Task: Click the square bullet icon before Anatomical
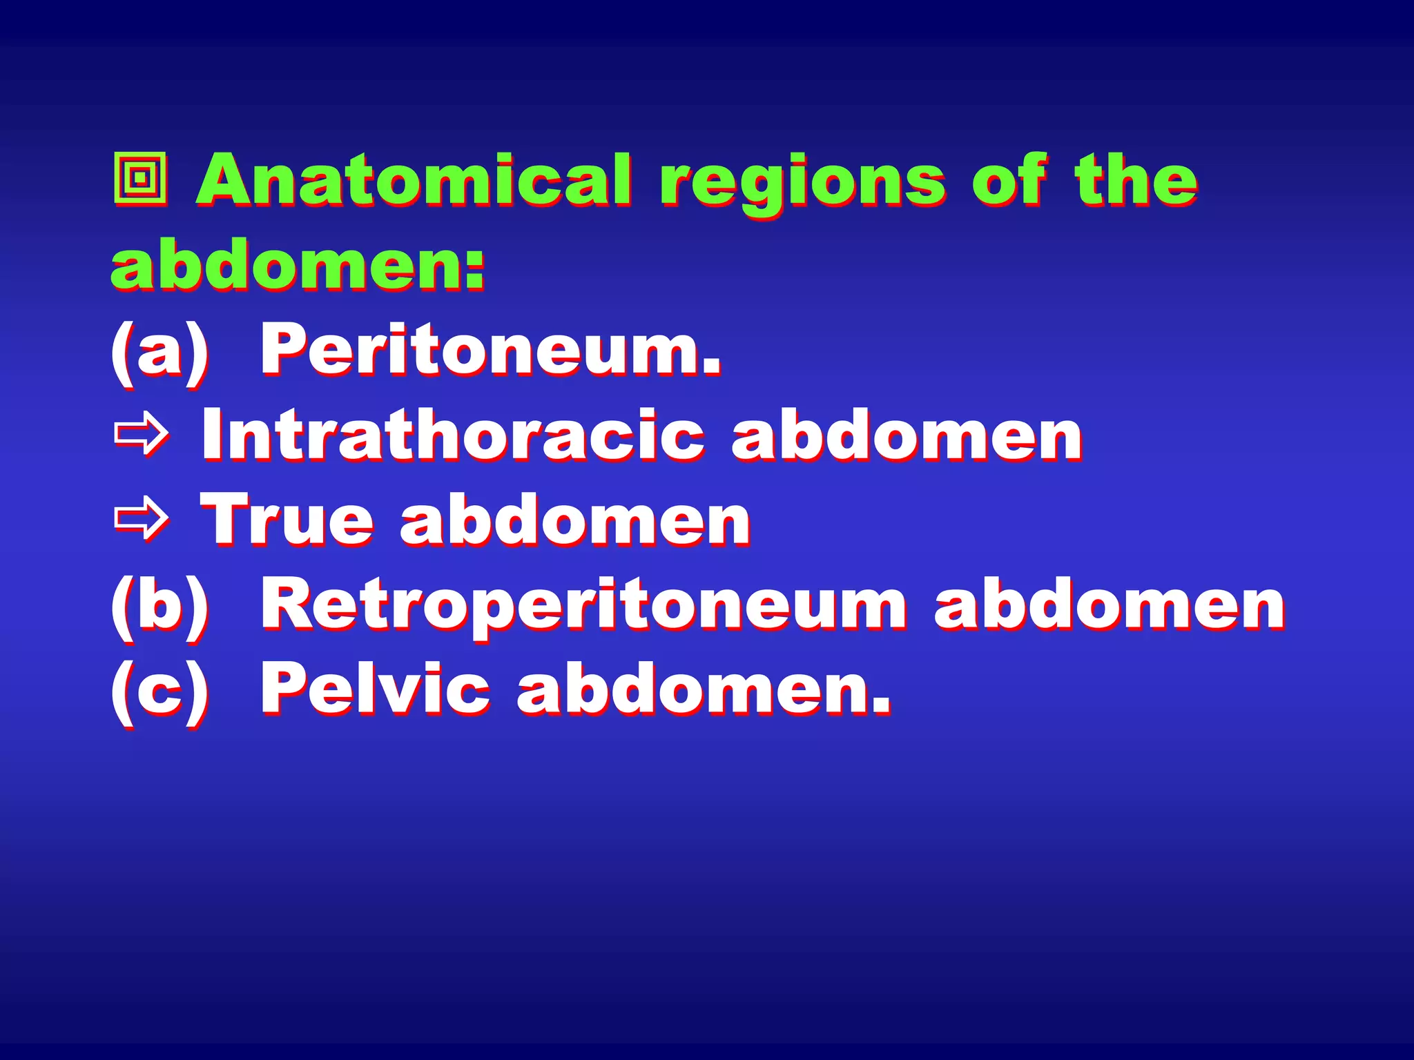[140, 179]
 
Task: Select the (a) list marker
[159, 350]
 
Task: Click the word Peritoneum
[491, 350]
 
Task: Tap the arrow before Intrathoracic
[142, 434]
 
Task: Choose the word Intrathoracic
[453, 435]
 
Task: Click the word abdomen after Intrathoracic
[907, 435]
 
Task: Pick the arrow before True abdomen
[142, 520]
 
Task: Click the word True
[286, 520]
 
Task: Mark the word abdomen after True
[575, 520]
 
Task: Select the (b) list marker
[159, 605]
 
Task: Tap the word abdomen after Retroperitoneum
[1110, 605]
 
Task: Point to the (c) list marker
[159, 689]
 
